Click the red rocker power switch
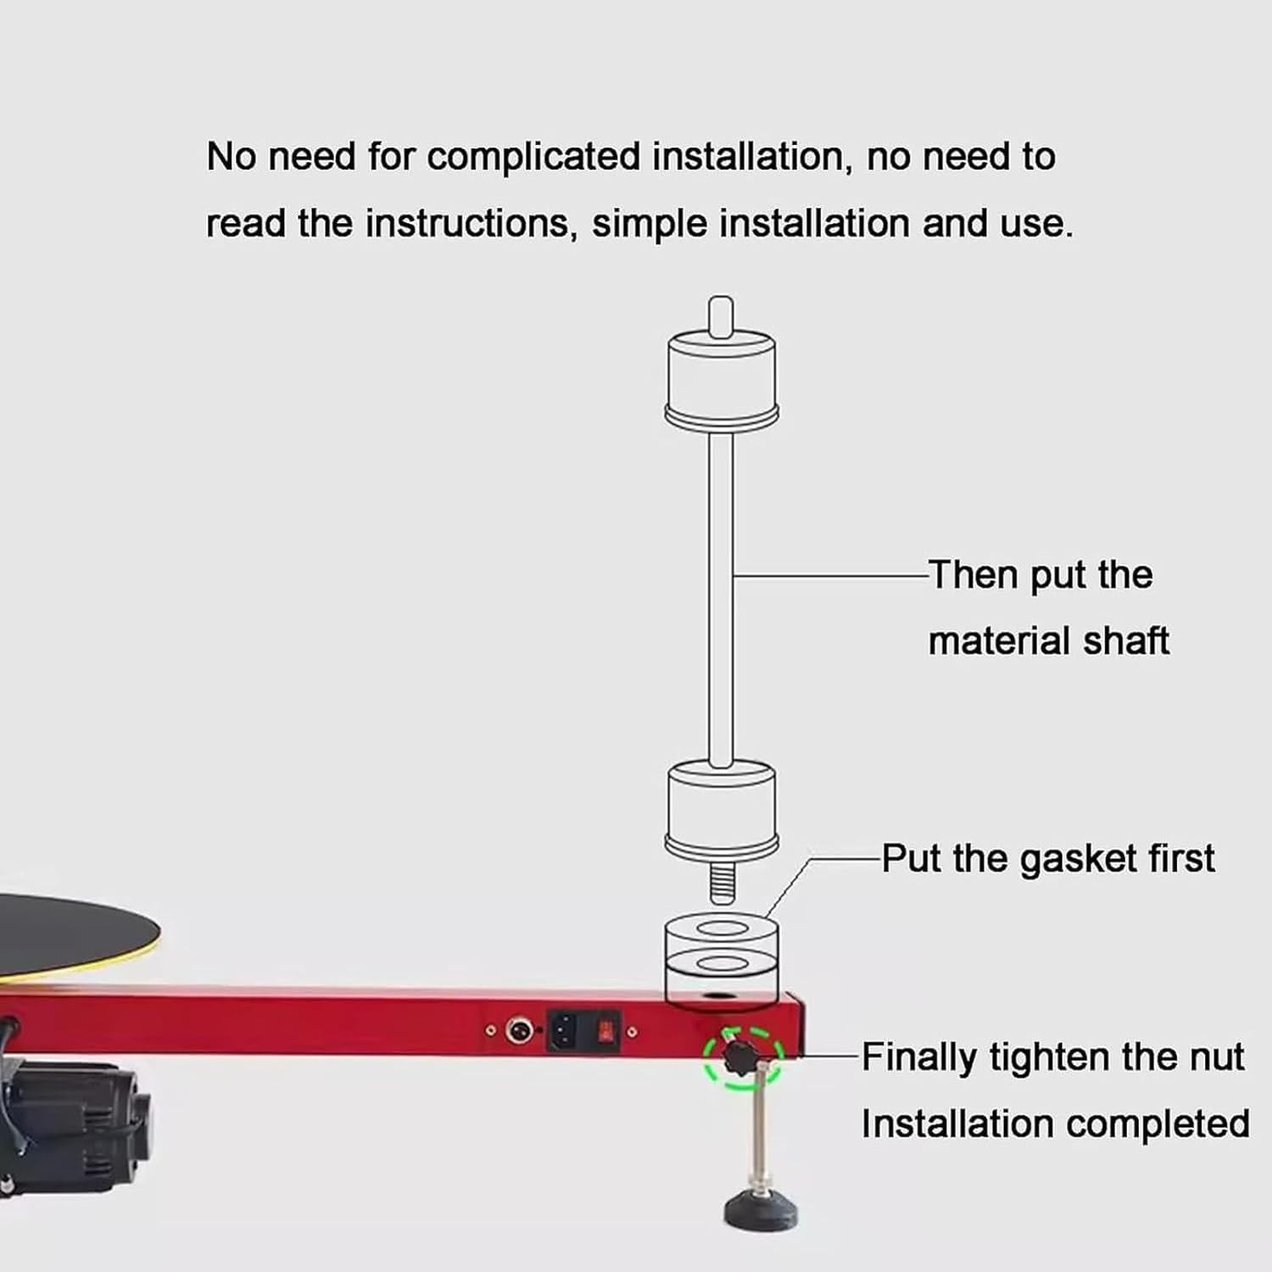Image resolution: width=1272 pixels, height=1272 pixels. [605, 1031]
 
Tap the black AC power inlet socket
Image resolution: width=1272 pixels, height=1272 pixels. [565, 1030]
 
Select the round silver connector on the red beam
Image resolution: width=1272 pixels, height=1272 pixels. [519, 1031]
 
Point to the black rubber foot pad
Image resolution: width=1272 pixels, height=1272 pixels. [761, 1208]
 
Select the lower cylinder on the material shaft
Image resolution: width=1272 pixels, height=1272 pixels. [722, 810]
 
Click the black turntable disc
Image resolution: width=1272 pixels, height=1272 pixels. [76, 934]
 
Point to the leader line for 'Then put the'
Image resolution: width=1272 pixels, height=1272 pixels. [830, 576]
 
